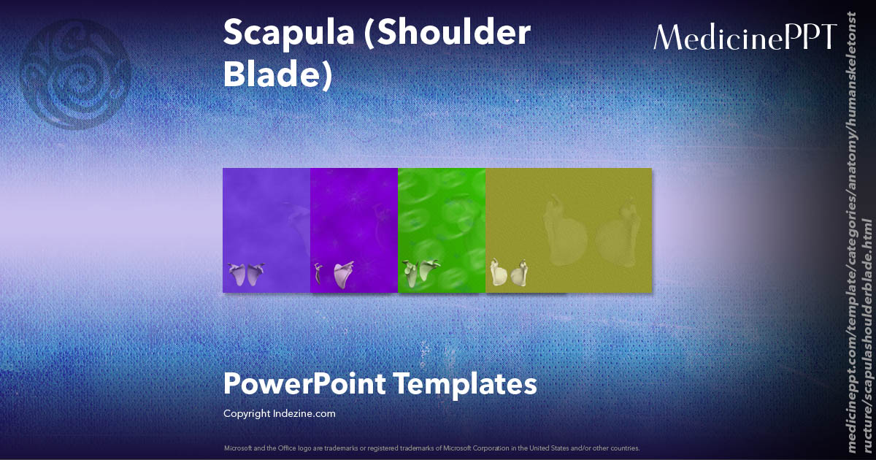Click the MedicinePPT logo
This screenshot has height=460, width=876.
(745, 37)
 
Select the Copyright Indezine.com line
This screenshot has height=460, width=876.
(280, 414)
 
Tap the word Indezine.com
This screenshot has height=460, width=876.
(306, 414)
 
